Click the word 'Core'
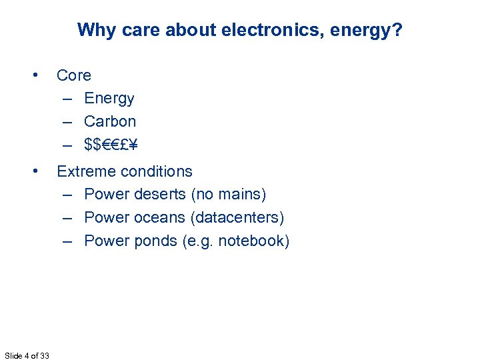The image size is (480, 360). point(74,75)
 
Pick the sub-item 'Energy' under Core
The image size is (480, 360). point(109,99)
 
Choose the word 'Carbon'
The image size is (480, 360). point(110,121)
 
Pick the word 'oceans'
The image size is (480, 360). point(159,218)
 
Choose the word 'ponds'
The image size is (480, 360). point(155,241)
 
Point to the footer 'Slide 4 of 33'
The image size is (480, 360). point(27,355)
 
